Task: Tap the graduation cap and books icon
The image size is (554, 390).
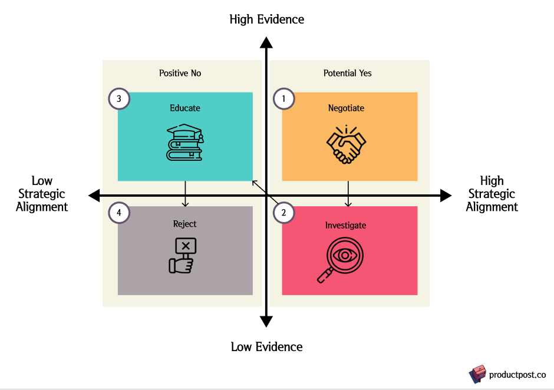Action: point(184,142)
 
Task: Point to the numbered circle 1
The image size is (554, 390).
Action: point(284,99)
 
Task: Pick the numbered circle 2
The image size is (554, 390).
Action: point(284,213)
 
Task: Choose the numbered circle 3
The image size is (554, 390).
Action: point(119,99)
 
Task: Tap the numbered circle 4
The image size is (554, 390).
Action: point(119,213)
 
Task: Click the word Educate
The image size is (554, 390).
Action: point(185,108)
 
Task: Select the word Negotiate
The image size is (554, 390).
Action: point(346,108)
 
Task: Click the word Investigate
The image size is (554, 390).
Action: point(345,225)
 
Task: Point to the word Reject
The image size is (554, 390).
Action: point(185,224)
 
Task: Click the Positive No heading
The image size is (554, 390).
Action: point(180,74)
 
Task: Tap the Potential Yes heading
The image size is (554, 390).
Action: point(348,74)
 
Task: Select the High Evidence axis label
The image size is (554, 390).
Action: point(267,19)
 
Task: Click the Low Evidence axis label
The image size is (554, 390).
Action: point(267,346)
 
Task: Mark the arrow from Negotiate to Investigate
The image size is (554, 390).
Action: point(348,194)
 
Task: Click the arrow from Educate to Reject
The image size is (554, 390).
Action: point(185,194)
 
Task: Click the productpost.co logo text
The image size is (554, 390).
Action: point(517,375)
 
